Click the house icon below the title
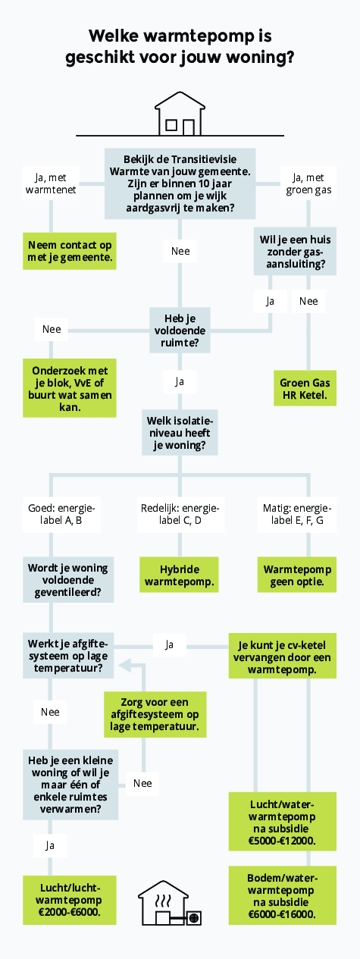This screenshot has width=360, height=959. [x=180, y=114]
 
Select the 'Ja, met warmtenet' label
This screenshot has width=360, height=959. [x=51, y=183]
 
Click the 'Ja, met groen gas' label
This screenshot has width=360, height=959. [x=308, y=183]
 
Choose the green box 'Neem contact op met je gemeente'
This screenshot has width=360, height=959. [x=70, y=251]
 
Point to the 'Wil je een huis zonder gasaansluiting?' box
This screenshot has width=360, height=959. [x=296, y=251]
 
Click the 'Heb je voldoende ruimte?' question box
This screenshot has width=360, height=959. [x=180, y=330]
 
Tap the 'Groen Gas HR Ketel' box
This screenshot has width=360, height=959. [x=305, y=388]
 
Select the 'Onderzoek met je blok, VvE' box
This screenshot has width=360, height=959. [x=70, y=388]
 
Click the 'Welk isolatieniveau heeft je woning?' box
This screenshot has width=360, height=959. [x=180, y=432]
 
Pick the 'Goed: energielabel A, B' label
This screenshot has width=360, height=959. [x=61, y=514]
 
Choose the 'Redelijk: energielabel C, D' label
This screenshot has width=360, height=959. [x=180, y=514]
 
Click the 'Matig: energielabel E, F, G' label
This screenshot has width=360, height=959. [x=297, y=514]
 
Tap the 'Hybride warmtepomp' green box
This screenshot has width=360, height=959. [x=180, y=575]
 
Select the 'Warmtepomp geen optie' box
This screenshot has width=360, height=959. [x=297, y=575]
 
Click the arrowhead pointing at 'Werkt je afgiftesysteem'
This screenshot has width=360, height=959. [x=125, y=666]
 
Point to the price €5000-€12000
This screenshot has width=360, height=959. [x=282, y=841]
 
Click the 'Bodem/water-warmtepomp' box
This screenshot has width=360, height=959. [x=283, y=895]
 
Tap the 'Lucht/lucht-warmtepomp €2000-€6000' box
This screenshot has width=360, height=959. [x=70, y=900]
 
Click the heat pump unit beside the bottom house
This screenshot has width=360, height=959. [x=194, y=918]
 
